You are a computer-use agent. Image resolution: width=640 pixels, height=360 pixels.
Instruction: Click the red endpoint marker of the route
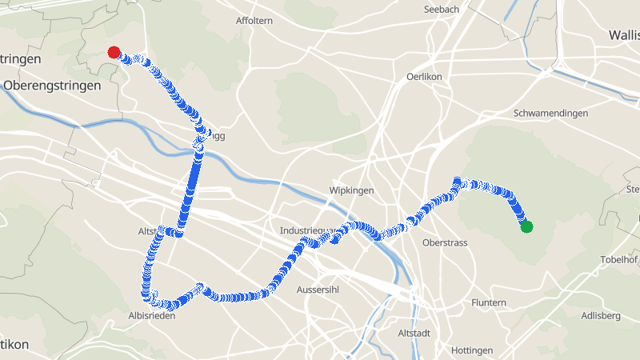[x=114, y=53]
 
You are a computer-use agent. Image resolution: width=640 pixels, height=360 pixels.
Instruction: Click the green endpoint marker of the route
[x=526, y=227]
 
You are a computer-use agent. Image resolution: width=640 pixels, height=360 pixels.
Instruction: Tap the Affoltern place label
[x=255, y=20]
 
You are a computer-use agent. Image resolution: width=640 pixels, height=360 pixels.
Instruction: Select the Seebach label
[x=442, y=9]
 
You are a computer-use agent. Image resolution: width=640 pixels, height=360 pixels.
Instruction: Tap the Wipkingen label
[x=352, y=191]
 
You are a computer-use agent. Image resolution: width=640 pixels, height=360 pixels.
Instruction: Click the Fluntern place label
[x=489, y=302]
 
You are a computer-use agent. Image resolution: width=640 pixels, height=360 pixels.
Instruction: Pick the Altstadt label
[x=414, y=332]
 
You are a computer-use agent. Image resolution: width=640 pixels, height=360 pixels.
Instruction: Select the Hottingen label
[x=472, y=350]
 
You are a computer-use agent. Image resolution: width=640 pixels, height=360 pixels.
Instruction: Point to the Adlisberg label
[x=602, y=316]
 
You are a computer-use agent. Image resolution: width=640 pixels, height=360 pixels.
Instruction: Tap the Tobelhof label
[x=620, y=261]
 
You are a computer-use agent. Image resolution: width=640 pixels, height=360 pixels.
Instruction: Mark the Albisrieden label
[x=151, y=316]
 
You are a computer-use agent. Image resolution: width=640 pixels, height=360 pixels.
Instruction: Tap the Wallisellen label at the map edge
[x=625, y=35]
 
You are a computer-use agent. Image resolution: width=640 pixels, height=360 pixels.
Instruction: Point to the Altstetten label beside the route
[x=147, y=231]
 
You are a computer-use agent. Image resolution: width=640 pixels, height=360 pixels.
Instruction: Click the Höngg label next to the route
[x=215, y=136]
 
